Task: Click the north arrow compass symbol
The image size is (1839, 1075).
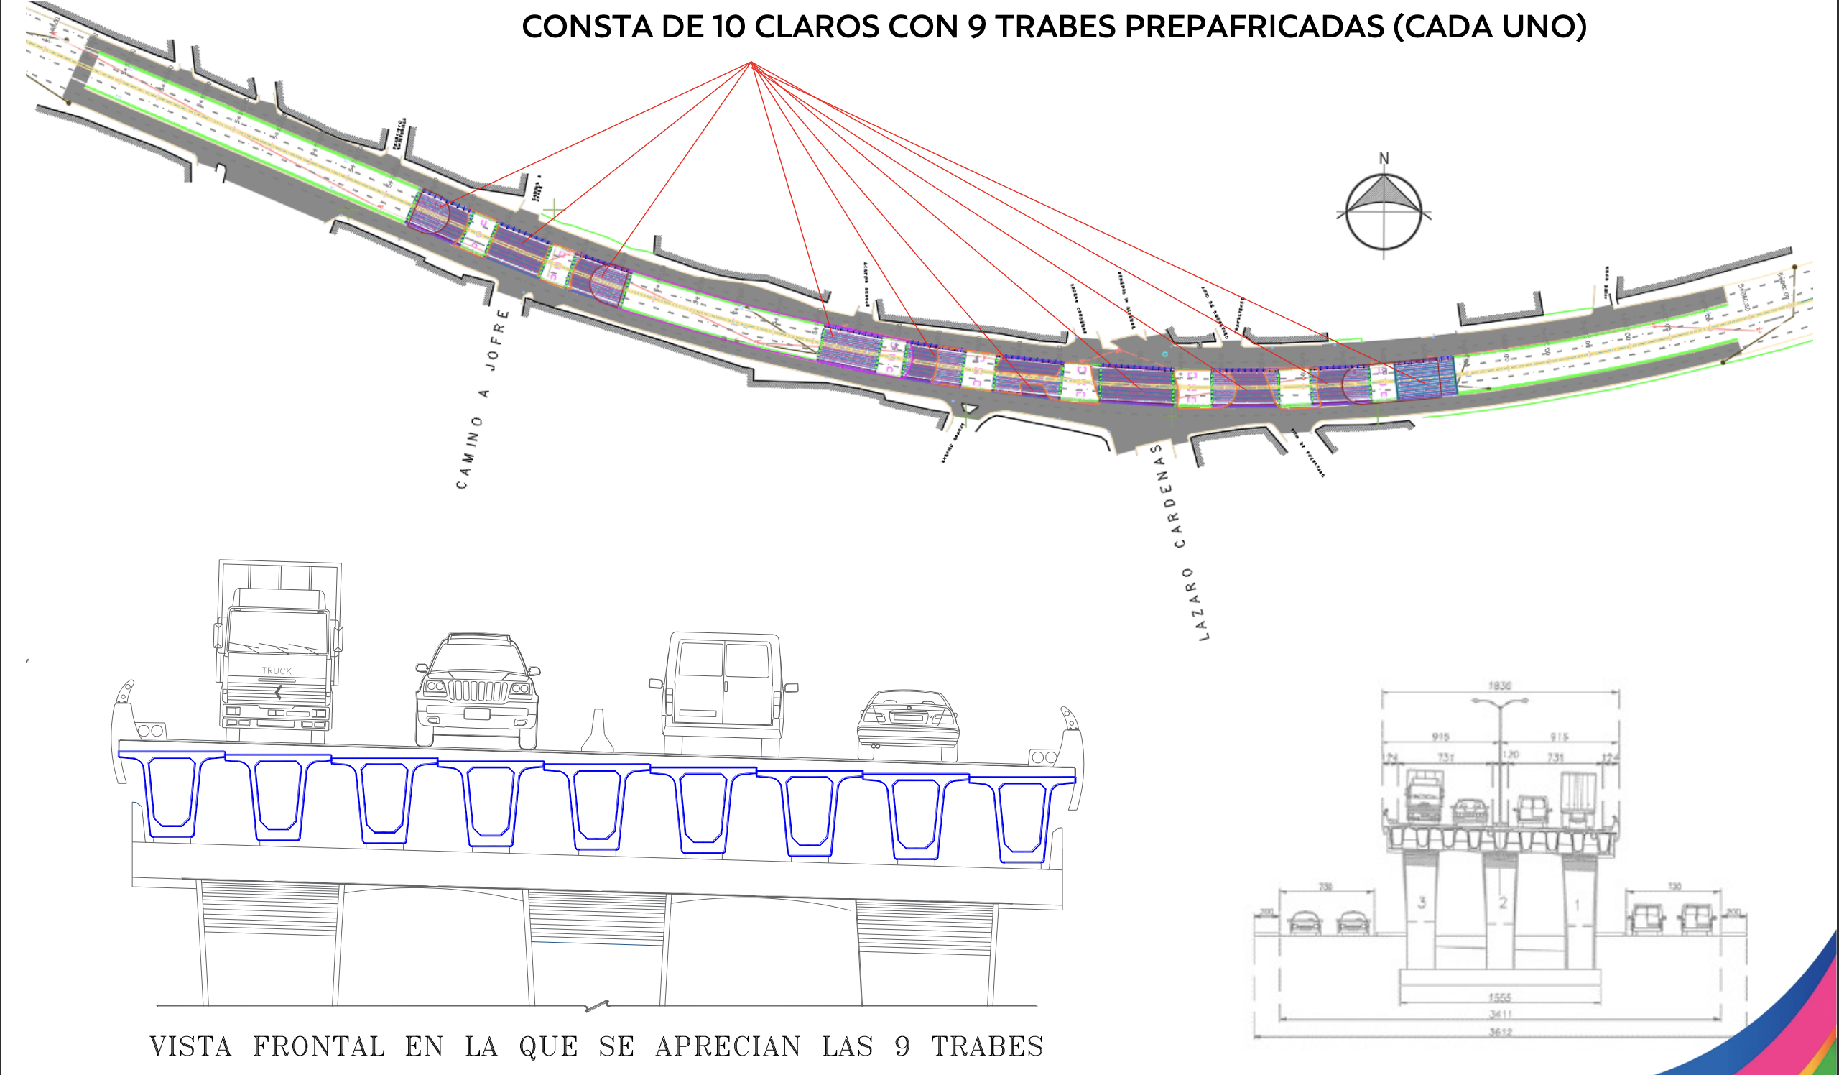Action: (1383, 213)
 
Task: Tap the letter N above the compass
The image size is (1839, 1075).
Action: (1384, 158)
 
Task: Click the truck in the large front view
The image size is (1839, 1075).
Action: (277, 650)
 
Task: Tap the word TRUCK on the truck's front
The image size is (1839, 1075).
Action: (277, 670)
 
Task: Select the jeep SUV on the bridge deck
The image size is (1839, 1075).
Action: (477, 690)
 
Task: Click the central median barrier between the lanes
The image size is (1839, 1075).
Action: (598, 731)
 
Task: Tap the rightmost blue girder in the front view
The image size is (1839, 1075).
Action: (1022, 819)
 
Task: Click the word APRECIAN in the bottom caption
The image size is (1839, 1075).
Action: (728, 1046)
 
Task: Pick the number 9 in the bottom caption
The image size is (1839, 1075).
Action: (902, 1046)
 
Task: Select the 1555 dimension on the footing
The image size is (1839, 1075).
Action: (1499, 997)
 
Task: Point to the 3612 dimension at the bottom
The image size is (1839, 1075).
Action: (1501, 1032)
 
